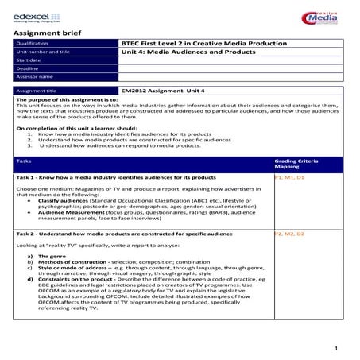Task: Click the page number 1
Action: [x=336, y=347]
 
